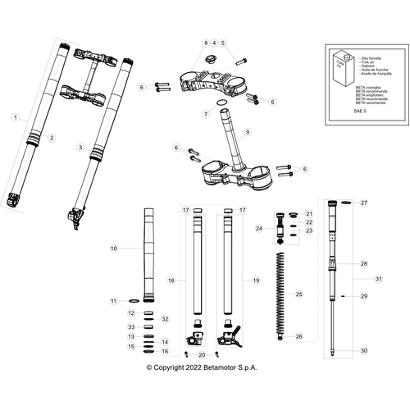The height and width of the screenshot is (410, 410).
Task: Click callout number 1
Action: click(x=14, y=118)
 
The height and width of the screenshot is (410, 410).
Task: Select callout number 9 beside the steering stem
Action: click(x=247, y=131)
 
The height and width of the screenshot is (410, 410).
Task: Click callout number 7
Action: click(x=205, y=115)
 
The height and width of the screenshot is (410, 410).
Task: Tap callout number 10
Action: click(x=114, y=248)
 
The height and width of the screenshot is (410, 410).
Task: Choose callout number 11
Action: click(x=114, y=302)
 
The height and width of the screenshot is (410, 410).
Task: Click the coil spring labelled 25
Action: click(x=281, y=295)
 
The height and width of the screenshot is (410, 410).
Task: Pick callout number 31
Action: click(x=379, y=280)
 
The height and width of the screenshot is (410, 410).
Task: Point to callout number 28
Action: click(x=364, y=264)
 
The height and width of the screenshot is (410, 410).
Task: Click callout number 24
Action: click(x=258, y=229)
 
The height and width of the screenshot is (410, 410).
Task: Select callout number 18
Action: click(x=171, y=280)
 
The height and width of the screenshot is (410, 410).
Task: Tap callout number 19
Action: click(x=255, y=280)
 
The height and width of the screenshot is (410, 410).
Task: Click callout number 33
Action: click(x=130, y=327)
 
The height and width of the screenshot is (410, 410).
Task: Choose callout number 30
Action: click(x=364, y=350)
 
